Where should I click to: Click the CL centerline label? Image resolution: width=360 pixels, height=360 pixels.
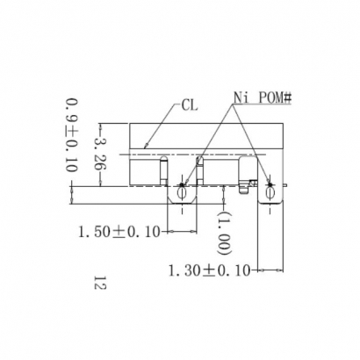click(x=189, y=106)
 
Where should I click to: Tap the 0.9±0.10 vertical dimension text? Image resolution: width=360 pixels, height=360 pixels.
click(x=71, y=134)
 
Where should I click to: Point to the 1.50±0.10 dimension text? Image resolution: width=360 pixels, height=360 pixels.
click(x=119, y=233)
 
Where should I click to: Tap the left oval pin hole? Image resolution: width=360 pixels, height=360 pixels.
click(x=182, y=190)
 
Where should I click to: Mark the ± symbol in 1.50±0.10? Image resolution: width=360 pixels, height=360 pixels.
click(x=119, y=233)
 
